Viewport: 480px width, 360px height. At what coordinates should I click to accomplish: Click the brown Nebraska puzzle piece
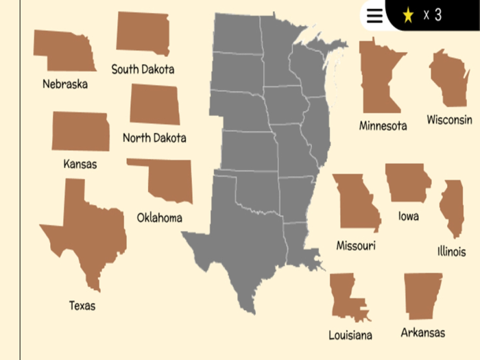coord(63,50)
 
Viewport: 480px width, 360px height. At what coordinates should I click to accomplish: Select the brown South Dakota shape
coord(143,34)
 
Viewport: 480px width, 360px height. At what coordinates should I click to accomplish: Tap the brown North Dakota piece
coord(154,104)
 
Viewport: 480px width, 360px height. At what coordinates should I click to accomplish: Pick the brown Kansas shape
coord(80,132)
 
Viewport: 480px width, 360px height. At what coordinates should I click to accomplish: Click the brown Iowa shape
coord(407,182)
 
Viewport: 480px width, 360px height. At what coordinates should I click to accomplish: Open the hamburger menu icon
coord(374,16)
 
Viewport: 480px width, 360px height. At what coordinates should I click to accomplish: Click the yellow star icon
coord(408,15)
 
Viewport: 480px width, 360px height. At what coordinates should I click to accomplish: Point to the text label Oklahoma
coord(160,218)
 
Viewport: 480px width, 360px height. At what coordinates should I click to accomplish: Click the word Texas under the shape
coord(82,306)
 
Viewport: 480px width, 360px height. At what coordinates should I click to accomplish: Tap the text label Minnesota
coord(383,125)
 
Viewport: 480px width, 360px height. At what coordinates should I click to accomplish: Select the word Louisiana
coord(350,335)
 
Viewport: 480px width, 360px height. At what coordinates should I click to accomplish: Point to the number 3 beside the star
coord(437,15)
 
